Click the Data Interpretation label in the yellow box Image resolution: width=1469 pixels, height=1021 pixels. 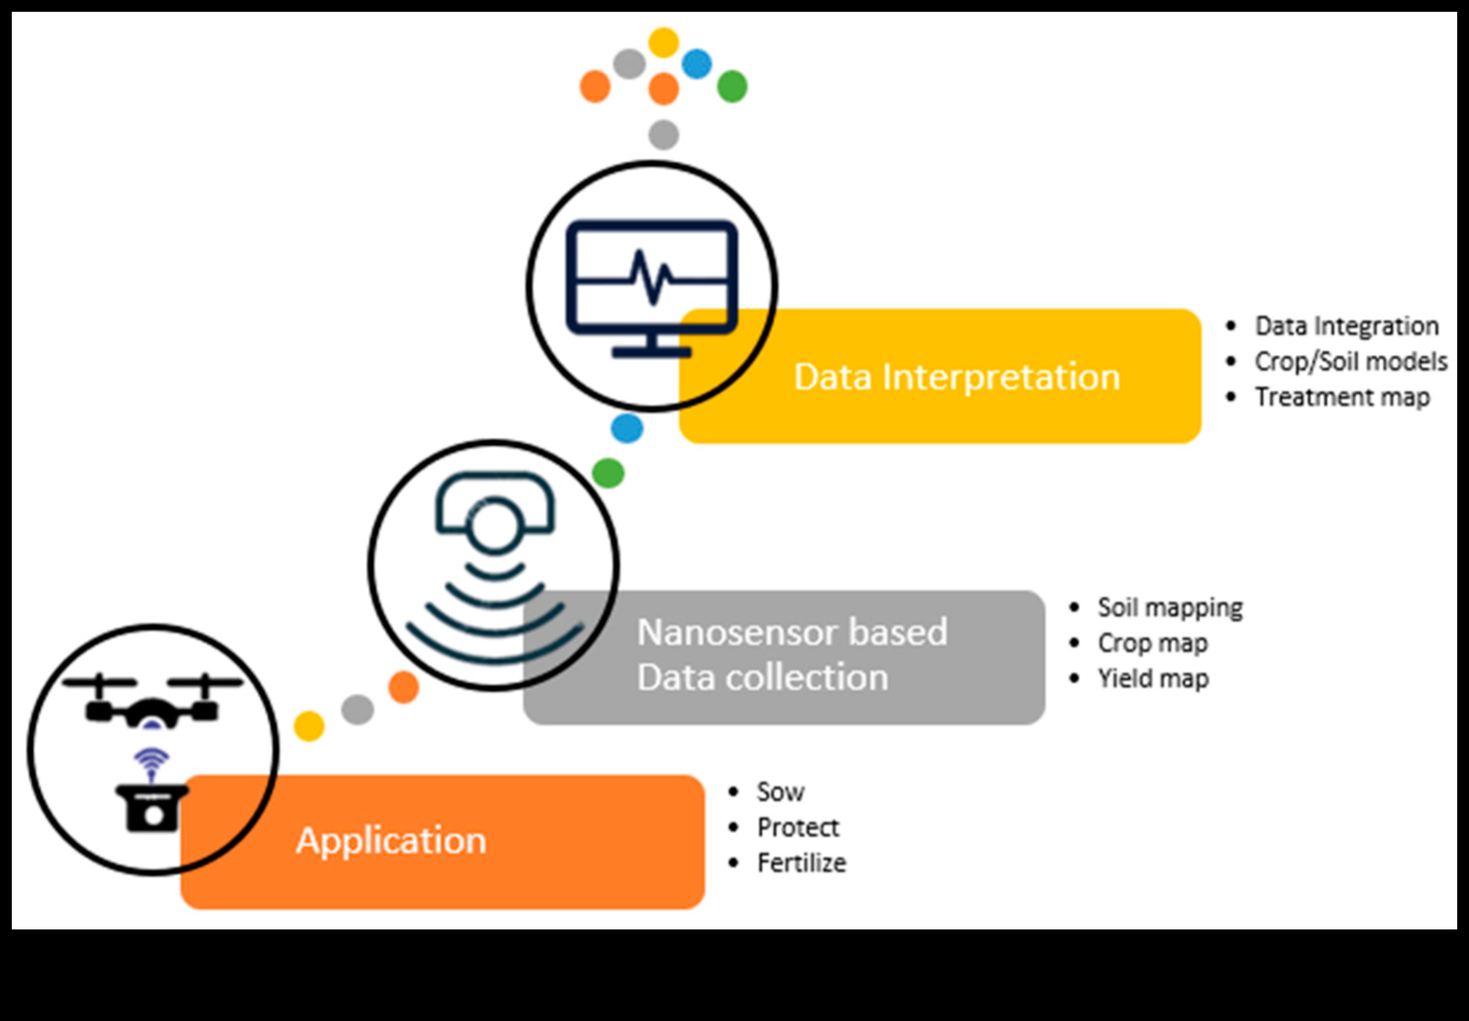tap(957, 377)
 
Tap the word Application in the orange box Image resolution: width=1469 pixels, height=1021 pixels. tap(391, 840)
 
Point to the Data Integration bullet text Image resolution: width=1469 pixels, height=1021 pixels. tap(1346, 326)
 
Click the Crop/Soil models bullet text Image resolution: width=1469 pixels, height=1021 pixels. tap(1350, 362)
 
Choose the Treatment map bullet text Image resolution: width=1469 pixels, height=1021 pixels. tap(1342, 397)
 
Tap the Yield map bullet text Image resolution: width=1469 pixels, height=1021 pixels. tap(1153, 679)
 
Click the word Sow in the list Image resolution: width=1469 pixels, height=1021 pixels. tap(780, 792)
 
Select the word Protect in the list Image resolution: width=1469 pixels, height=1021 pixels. tap(797, 828)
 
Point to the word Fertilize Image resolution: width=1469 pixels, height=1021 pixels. tap(801, 863)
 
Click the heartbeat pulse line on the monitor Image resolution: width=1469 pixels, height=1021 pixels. tap(651, 278)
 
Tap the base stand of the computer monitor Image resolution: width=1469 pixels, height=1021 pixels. tap(651, 351)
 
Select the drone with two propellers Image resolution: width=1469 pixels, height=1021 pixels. tap(152, 701)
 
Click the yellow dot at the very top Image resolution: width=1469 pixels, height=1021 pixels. tap(664, 42)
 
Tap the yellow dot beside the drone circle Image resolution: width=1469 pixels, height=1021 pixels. tap(309, 726)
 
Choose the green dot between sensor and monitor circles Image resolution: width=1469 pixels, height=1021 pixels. tap(608, 473)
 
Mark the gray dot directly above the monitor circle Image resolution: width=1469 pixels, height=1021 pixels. tap(664, 135)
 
